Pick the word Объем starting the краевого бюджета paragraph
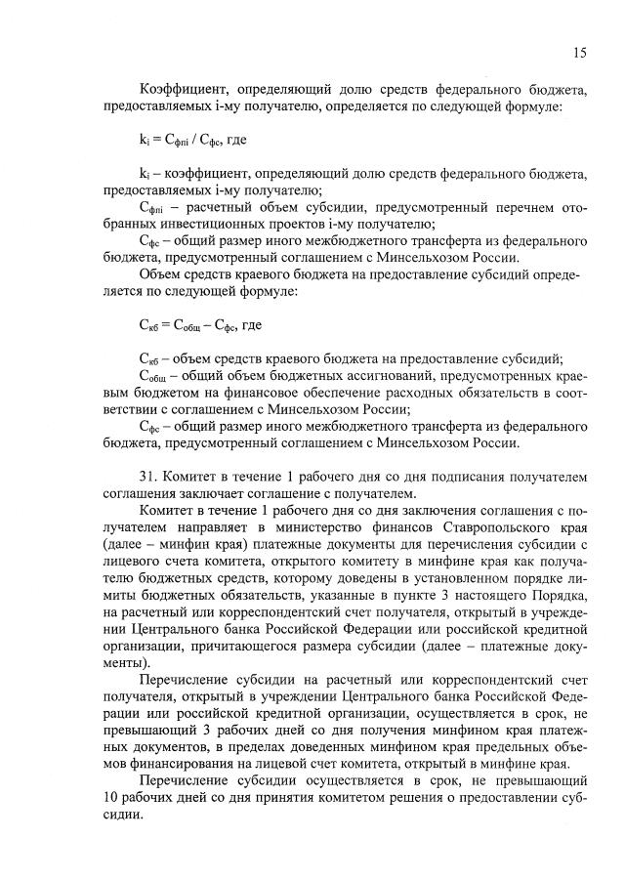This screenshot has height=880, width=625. (x=164, y=276)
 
